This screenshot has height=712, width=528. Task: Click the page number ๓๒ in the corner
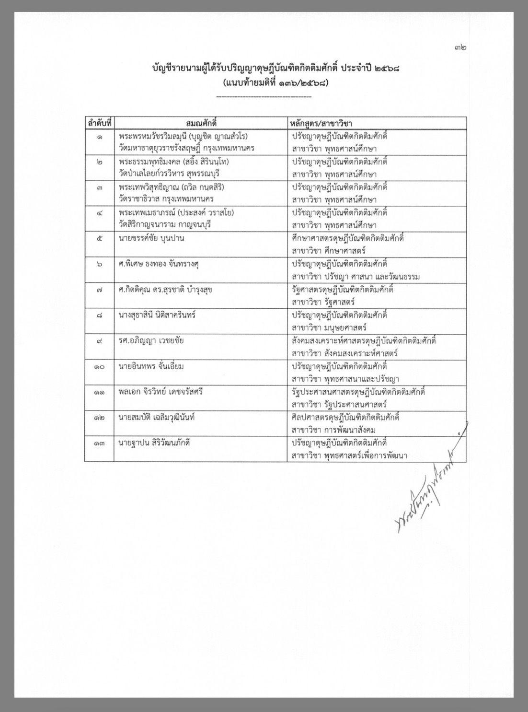tap(460, 47)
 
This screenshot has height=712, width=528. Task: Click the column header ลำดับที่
tap(99, 123)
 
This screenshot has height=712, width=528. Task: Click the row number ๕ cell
tap(99, 238)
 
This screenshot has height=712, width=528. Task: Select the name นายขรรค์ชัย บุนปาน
tap(152, 238)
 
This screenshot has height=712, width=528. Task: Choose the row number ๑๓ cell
tap(99, 443)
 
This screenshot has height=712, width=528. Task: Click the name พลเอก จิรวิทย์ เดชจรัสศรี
tap(161, 392)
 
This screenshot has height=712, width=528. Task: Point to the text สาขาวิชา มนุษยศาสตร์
tap(329, 328)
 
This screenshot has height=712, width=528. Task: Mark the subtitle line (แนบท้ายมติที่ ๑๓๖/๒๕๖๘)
tap(275, 82)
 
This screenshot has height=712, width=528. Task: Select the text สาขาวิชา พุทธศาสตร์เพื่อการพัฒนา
tap(349, 456)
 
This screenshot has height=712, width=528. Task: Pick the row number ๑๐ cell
tap(99, 366)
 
